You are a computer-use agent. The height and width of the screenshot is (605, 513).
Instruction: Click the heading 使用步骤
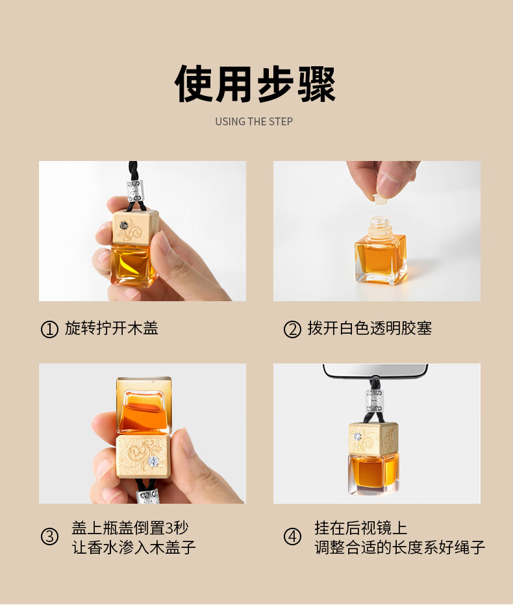[x=255, y=84]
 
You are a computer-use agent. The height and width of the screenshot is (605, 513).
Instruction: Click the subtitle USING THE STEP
[x=254, y=121]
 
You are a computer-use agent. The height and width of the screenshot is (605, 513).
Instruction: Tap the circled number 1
[x=49, y=330]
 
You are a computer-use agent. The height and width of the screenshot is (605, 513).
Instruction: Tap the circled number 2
[x=292, y=330]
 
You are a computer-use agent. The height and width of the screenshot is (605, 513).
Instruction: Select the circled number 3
[x=49, y=536]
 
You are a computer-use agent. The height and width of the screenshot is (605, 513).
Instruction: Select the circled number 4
[x=292, y=536]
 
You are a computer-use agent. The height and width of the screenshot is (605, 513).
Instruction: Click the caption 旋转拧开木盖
[x=112, y=328]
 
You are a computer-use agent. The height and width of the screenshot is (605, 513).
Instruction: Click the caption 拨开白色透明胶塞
[x=369, y=328]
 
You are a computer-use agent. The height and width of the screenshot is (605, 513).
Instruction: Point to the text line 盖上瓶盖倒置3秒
[x=130, y=528]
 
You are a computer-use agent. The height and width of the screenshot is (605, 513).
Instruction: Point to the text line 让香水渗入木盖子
[x=134, y=547]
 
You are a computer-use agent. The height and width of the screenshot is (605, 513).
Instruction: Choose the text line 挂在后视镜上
[x=361, y=528]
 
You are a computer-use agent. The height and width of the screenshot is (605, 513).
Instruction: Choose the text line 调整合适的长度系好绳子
[x=400, y=547]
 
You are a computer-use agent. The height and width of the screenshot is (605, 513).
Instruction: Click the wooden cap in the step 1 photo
[x=136, y=228]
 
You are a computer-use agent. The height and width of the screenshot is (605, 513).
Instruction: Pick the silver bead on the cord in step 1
[x=135, y=190]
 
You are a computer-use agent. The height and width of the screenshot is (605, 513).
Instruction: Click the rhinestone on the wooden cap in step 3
[x=154, y=461]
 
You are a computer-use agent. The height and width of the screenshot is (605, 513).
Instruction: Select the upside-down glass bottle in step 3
[x=144, y=406]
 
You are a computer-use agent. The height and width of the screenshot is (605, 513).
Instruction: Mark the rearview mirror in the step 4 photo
[x=375, y=370]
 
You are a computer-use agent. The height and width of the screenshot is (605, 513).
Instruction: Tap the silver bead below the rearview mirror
[x=374, y=401]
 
